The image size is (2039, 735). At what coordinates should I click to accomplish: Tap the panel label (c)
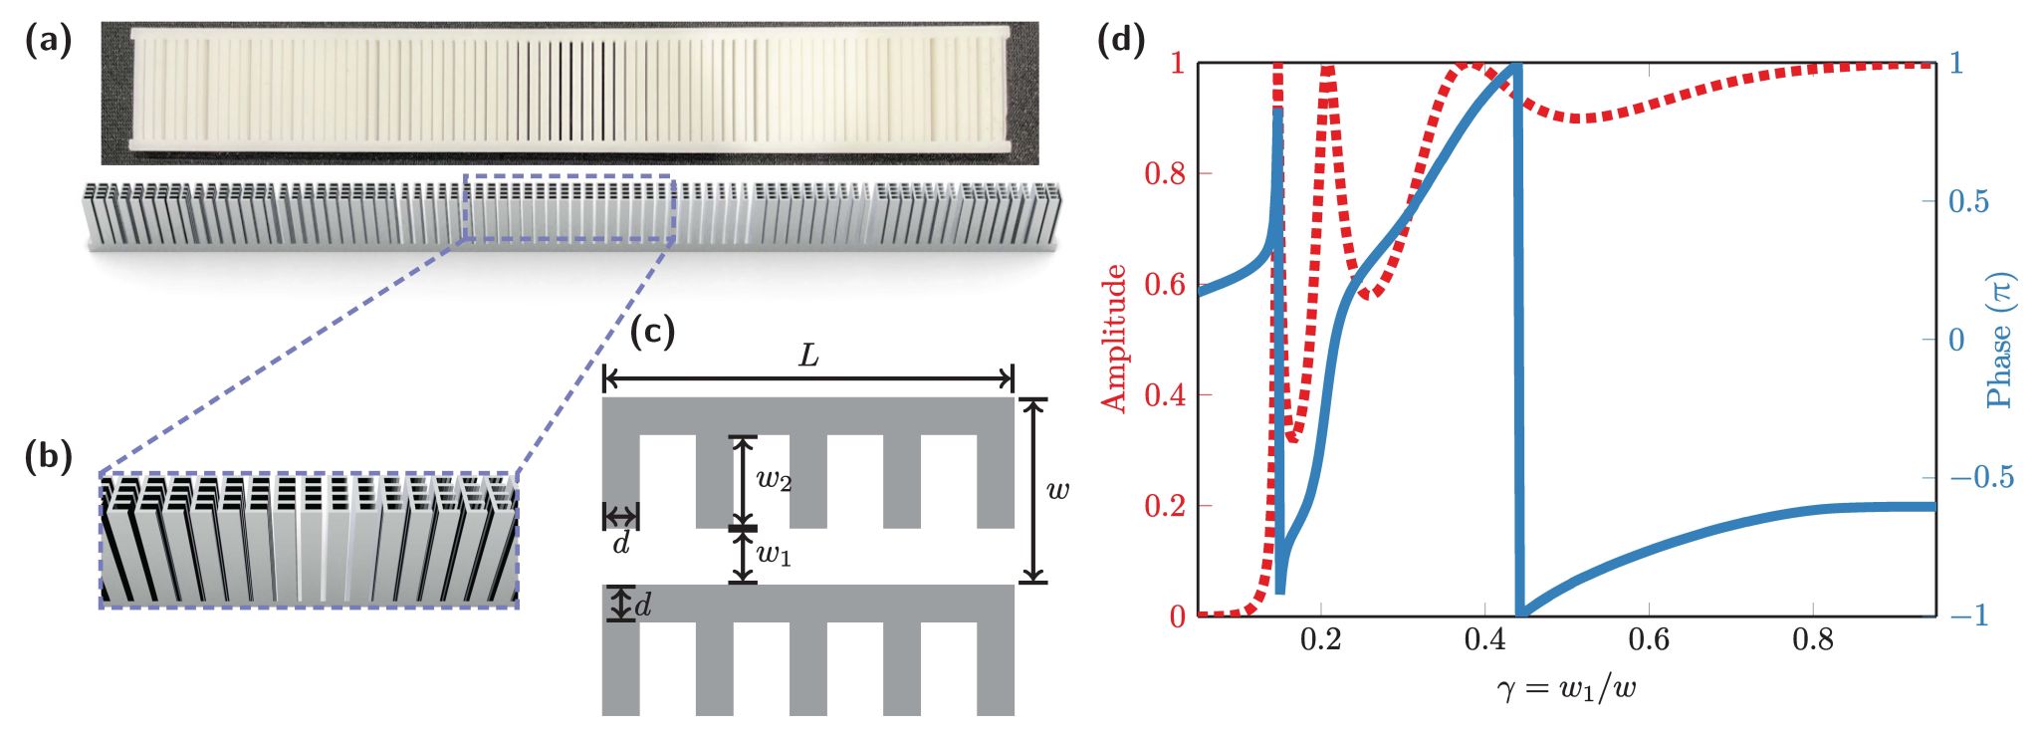(653, 332)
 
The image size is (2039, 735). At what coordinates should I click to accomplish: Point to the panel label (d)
(1120, 41)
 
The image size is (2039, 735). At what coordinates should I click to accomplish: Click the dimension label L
(809, 356)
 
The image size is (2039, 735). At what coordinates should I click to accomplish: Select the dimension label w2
(774, 480)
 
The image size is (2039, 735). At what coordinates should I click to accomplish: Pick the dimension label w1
(774, 555)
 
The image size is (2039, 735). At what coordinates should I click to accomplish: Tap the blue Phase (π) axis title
(1998, 340)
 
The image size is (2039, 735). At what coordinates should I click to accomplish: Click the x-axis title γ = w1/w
(1566, 687)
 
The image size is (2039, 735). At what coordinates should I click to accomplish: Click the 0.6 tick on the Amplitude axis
(1164, 285)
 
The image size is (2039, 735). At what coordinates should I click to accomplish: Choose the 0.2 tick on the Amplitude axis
(1164, 506)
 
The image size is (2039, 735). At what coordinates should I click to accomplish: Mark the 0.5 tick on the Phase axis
(1968, 202)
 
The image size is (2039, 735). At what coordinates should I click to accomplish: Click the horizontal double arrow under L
(808, 379)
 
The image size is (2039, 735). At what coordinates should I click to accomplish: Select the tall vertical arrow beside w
(1034, 490)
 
